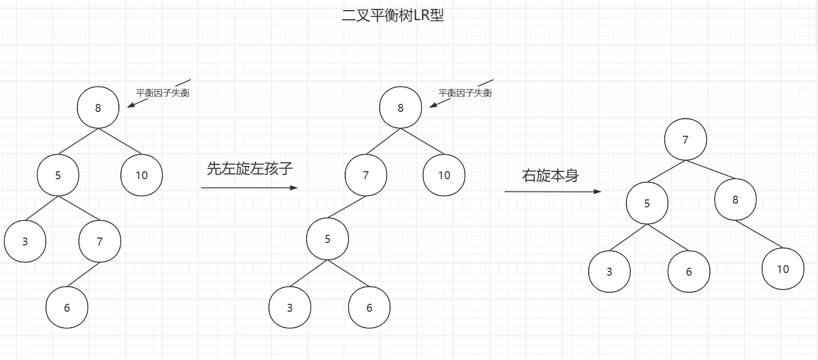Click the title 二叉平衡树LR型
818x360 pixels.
click(x=393, y=15)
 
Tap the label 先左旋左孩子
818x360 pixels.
click(x=250, y=169)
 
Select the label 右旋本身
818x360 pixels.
click(x=550, y=175)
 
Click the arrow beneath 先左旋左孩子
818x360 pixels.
click(x=249, y=188)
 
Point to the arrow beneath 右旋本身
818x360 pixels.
click(x=553, y=191)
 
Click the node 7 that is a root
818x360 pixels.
click(x=685, y=139)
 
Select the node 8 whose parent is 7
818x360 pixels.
click(x=735, y=200)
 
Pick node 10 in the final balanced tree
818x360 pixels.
click(x=783, y=269)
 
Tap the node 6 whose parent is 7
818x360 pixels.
click(x=67, y=308)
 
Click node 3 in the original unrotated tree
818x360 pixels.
click(x=25, y=242)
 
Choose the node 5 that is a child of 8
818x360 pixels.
click(x=58, y=175)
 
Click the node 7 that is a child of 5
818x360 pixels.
click(x=100, y=242)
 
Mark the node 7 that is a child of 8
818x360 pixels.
click(x=366, y=175)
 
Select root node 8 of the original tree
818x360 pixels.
click(x=98, y=108)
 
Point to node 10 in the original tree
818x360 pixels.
click(x=142, y=175)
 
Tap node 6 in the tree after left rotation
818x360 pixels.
click(x=369, y=308)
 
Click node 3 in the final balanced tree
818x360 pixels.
click(x=609, y=271)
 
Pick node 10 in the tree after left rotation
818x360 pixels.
click(x=444, y=175)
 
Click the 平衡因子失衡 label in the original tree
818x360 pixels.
click(x=163, y=93)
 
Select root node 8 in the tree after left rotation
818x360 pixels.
click(x=401, y=108)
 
